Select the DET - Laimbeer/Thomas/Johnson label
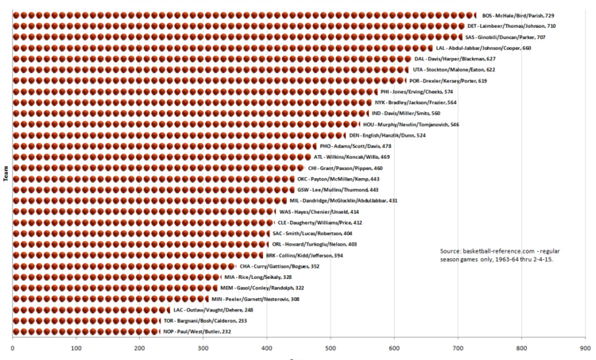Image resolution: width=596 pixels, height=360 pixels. coord(512,26)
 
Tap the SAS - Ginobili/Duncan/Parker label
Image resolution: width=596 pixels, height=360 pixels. coord(505,37)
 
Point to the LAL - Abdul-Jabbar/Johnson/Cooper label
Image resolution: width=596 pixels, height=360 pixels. coord(483,48)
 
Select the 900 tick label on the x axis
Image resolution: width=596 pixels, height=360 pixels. coord(586,348)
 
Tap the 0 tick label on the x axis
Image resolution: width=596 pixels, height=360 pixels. coord(13,348)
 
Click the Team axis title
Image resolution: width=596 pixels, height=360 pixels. coord(6,173)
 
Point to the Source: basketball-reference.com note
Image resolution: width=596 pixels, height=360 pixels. coord(500,255)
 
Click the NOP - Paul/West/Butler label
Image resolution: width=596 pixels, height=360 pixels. coord(197,331)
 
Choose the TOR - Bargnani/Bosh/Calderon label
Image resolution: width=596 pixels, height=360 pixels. coord(205,321)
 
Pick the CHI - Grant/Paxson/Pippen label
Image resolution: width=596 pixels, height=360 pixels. coord(345,168)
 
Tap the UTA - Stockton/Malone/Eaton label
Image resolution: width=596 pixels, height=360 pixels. coord(454,70)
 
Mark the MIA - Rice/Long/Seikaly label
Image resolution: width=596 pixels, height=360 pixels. coord(258,277)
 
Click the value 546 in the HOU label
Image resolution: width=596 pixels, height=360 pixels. coord(455,124)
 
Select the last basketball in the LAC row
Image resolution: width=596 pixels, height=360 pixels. coord(168,310)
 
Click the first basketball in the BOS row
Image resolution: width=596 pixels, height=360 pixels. coord(16,15)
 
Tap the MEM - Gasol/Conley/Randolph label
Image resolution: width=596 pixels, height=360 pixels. coord(262,288)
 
